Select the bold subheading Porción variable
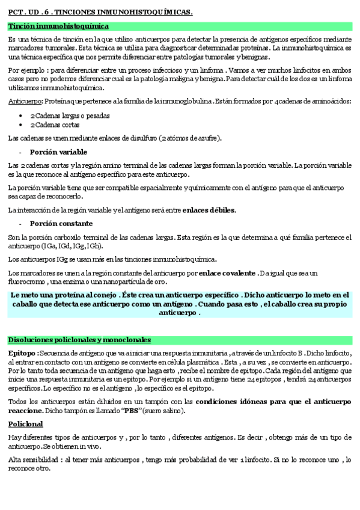point(58,152)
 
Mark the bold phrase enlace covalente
point(227,274)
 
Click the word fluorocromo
point(26,281)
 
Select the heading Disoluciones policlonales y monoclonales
point(79,340)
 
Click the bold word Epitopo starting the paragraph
point(22,352)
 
